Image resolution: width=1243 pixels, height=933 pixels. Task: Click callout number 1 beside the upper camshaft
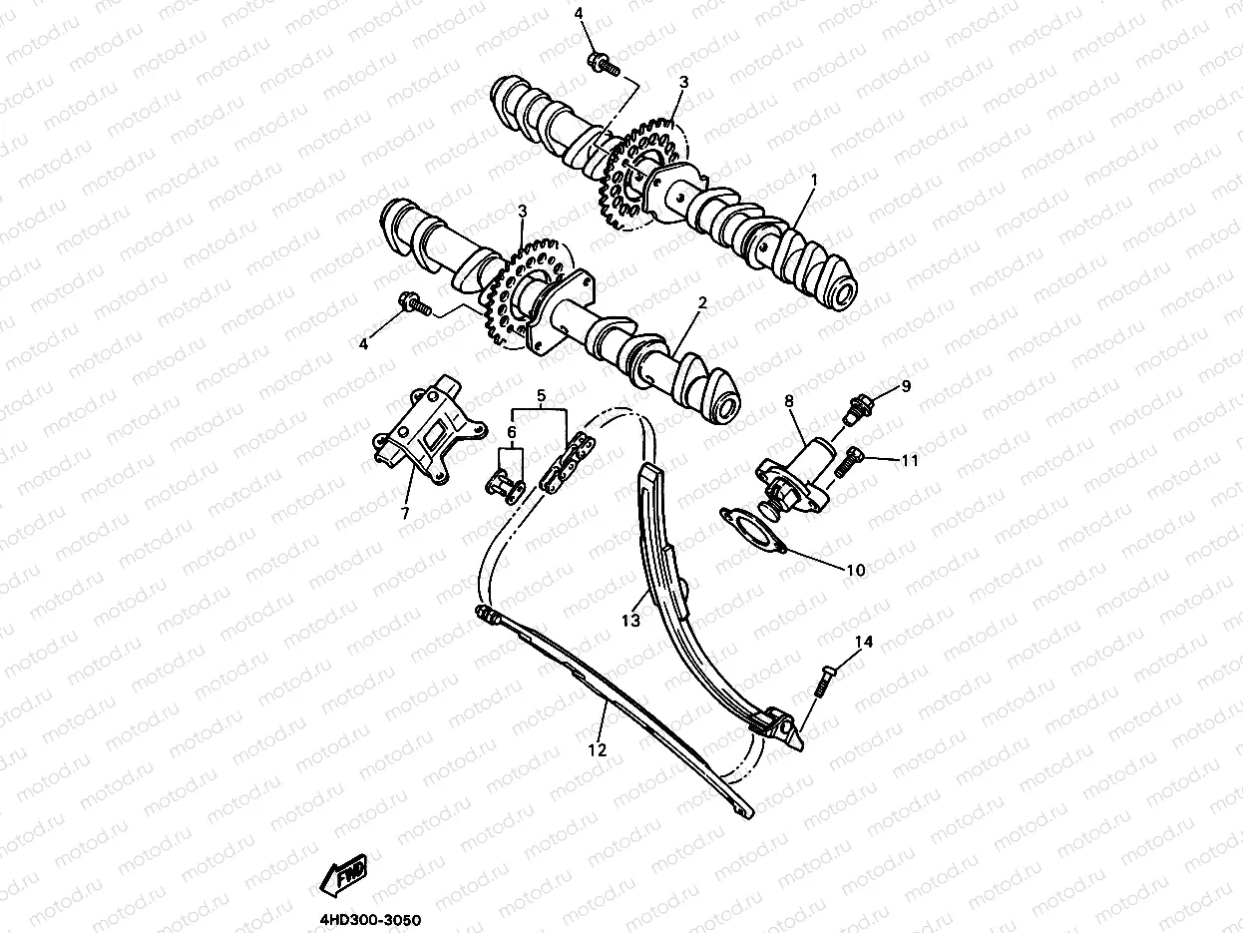814,181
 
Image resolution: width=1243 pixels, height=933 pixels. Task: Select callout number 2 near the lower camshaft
702,303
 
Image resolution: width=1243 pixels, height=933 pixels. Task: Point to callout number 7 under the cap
404,513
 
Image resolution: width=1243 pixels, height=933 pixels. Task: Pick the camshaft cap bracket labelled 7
429,429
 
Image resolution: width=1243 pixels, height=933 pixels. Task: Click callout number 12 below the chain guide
598,750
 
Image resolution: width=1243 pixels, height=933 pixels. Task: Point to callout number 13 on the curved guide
630,621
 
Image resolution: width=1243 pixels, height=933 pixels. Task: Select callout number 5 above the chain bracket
542,395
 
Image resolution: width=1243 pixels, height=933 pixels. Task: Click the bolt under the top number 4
604,64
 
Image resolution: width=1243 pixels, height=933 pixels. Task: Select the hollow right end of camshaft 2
727,407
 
